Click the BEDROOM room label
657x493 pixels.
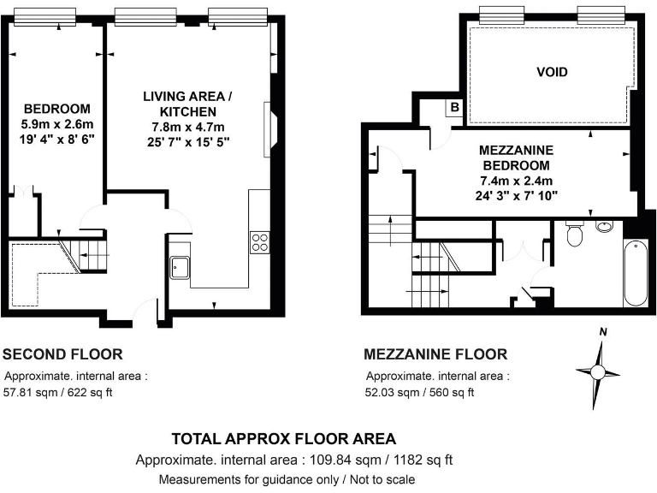56,109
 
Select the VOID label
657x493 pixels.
552,72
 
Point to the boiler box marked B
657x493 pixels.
455,108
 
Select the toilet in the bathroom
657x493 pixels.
575,235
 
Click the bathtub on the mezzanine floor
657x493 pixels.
635,274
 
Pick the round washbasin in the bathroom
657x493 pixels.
605,227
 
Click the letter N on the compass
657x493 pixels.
602,332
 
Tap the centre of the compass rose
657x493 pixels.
598,371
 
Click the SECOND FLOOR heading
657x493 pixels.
62,353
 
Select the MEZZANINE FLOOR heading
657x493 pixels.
435,353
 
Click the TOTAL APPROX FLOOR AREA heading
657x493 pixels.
284,439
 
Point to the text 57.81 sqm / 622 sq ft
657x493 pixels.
59,393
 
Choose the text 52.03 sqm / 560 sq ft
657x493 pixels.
419,393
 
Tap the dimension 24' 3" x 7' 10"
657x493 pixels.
518,195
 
